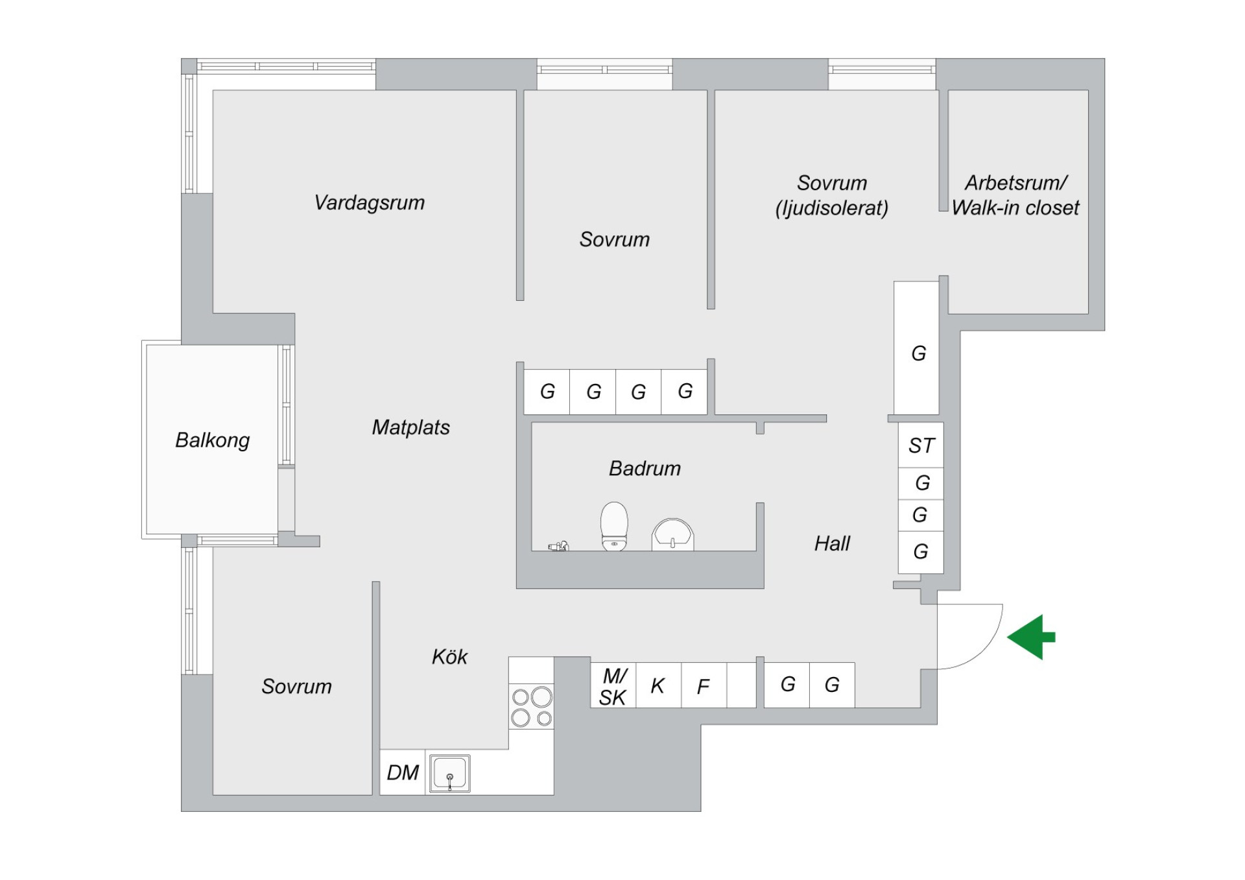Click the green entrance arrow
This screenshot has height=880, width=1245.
[x=1030, y=637]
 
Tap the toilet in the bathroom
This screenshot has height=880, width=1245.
[x=614, y=526]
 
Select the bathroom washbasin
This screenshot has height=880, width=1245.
[x=672, y=535]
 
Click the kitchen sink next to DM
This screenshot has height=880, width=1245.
[x=449, y=773]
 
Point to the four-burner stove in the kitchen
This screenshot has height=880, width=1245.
[x=532, y=707]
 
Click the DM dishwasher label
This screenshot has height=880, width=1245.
[x=403, y=773]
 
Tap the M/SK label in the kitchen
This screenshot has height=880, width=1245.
[x=613, y=687]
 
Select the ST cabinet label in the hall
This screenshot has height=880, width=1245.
[x=921, y=446]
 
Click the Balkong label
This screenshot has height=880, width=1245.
[x=213, y=440]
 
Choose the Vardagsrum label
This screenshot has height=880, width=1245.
[x=370, y=202]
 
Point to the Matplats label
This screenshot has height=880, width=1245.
[x=411, y=427]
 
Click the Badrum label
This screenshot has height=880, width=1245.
[x=645, y=468]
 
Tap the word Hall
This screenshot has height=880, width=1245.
[x=832, y=543]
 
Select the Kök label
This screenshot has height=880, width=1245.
[x=449, y=657]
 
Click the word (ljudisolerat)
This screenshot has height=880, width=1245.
[x=832, y=208]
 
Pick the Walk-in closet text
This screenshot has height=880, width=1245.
[x=1015, y=208]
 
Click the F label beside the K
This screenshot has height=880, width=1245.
[x=703, y=686]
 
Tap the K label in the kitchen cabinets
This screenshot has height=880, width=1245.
[x=658, y=686]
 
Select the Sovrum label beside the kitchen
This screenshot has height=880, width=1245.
[x=296, y=686]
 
